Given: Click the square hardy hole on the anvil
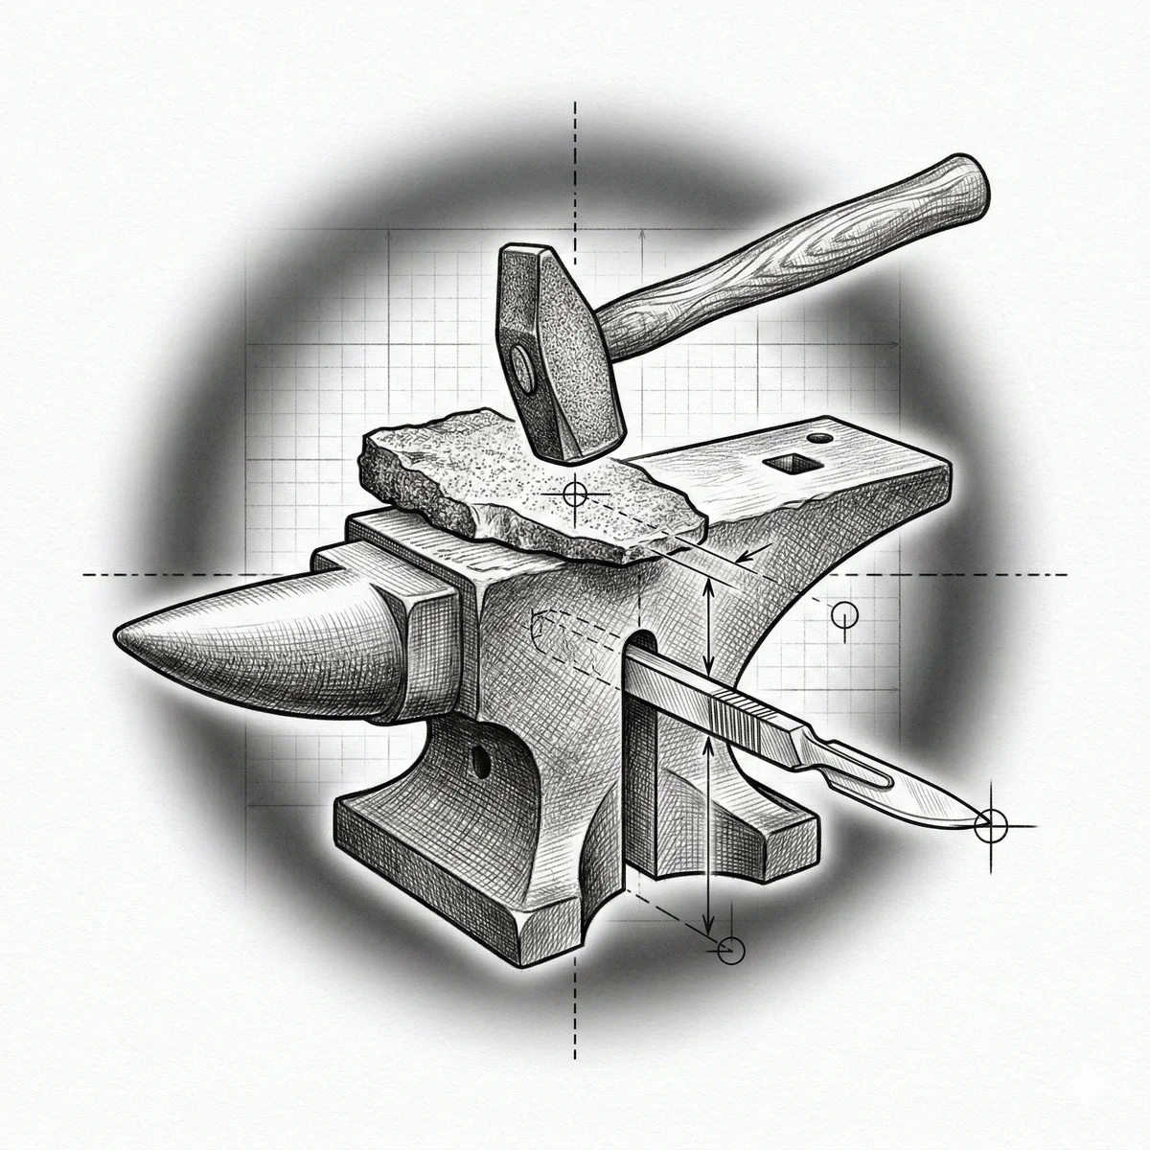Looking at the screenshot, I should pyautogui.click(x=785, y=466).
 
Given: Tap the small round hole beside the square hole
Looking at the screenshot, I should pyautogui.click(x=819, y=439).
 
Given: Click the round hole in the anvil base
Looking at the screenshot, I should pyautogui.click(x=479, y=762).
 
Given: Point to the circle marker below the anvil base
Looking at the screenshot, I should pyautogui.click(x=730, y=950).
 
